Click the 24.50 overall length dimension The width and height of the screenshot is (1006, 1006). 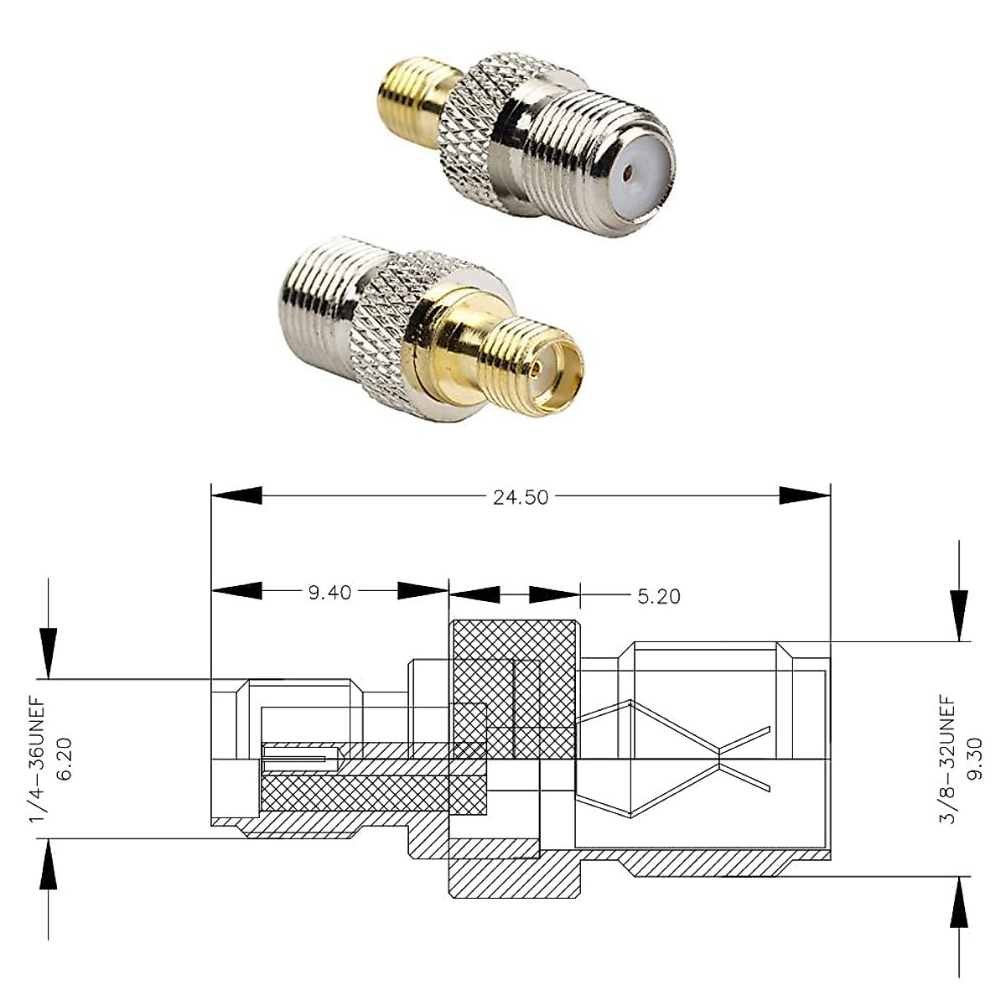[520, 497]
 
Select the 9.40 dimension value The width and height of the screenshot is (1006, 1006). [329, 594]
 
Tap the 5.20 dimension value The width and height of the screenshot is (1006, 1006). [658, 596]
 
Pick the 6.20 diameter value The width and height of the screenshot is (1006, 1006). [65, 758]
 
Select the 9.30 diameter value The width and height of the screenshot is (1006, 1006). [973, 760]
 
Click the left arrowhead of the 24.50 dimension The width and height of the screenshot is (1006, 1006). [237, 495]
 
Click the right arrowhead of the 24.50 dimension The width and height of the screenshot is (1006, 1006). [804, 495]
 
